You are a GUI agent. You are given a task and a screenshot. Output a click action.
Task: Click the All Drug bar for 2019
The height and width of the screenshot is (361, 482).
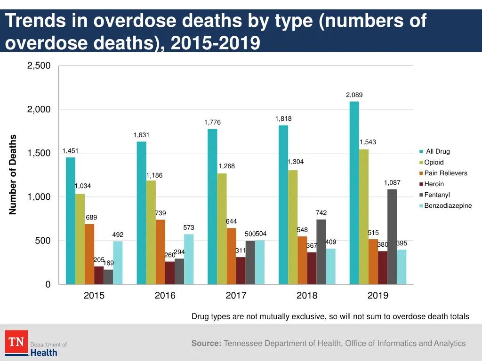click(x=354, y=193)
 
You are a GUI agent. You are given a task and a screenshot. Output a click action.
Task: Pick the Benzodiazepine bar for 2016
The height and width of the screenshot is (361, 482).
click(x=189, y=259)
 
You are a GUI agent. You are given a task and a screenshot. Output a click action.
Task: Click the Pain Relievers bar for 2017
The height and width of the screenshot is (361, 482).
click(x=231, y=256)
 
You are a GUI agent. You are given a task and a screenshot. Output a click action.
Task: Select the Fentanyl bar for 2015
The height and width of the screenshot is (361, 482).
click(x=108, y=277)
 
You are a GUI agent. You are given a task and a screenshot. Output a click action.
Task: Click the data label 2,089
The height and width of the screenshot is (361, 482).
click(x=354, y=95)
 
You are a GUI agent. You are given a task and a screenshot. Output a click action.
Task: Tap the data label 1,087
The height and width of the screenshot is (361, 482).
click(x=392, y=182)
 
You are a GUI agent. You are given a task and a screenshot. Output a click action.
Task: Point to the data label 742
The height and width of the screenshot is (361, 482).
click(x=321, y=213)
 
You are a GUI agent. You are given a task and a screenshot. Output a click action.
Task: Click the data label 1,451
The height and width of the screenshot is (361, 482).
click(x=71, y=151)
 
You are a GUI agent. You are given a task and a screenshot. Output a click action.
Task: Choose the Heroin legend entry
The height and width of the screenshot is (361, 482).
click(x=434, y=184)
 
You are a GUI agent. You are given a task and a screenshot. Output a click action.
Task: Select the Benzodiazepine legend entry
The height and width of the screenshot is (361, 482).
click(x=448, y=205)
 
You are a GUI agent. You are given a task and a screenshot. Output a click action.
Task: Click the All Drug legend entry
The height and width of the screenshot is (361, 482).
click(x=437, y=151)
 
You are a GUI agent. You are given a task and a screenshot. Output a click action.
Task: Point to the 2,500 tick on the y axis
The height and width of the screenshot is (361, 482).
click(x=39, y=66)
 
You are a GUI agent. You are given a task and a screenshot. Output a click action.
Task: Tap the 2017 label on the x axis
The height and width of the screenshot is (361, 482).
click(x=236, y=296)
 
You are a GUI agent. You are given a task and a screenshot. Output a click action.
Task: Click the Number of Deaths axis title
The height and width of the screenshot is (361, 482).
click(x=13, y=175)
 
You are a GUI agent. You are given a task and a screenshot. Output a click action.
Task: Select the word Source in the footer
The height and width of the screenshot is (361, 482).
click(x=206, y=343)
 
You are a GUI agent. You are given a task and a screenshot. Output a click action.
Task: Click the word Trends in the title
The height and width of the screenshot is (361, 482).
click(x=35, y=21)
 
